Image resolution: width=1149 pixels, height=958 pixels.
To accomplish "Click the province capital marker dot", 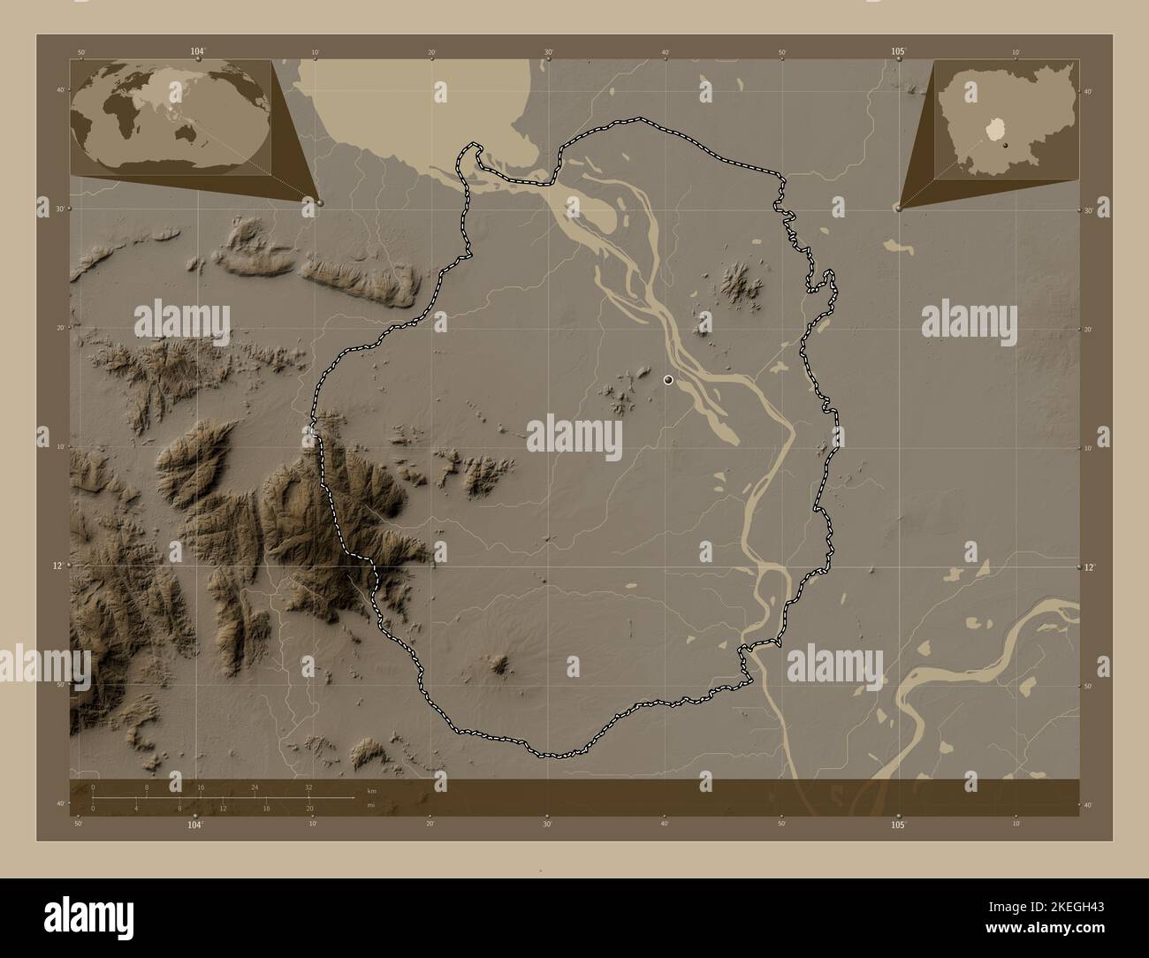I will (x=668, y=380).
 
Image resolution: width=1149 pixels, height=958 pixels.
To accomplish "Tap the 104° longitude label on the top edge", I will (x=196, y=52).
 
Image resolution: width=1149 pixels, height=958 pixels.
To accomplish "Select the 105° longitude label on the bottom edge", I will (x=898, y=825).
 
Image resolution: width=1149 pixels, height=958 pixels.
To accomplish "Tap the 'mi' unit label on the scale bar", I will (x=359, y=805).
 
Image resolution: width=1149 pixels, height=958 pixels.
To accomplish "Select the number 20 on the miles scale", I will (x=308, y=809).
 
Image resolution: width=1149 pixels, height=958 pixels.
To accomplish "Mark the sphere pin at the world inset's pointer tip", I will (x=319, y=202).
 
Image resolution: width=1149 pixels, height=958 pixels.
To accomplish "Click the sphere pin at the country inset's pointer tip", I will (x=897, y=208).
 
